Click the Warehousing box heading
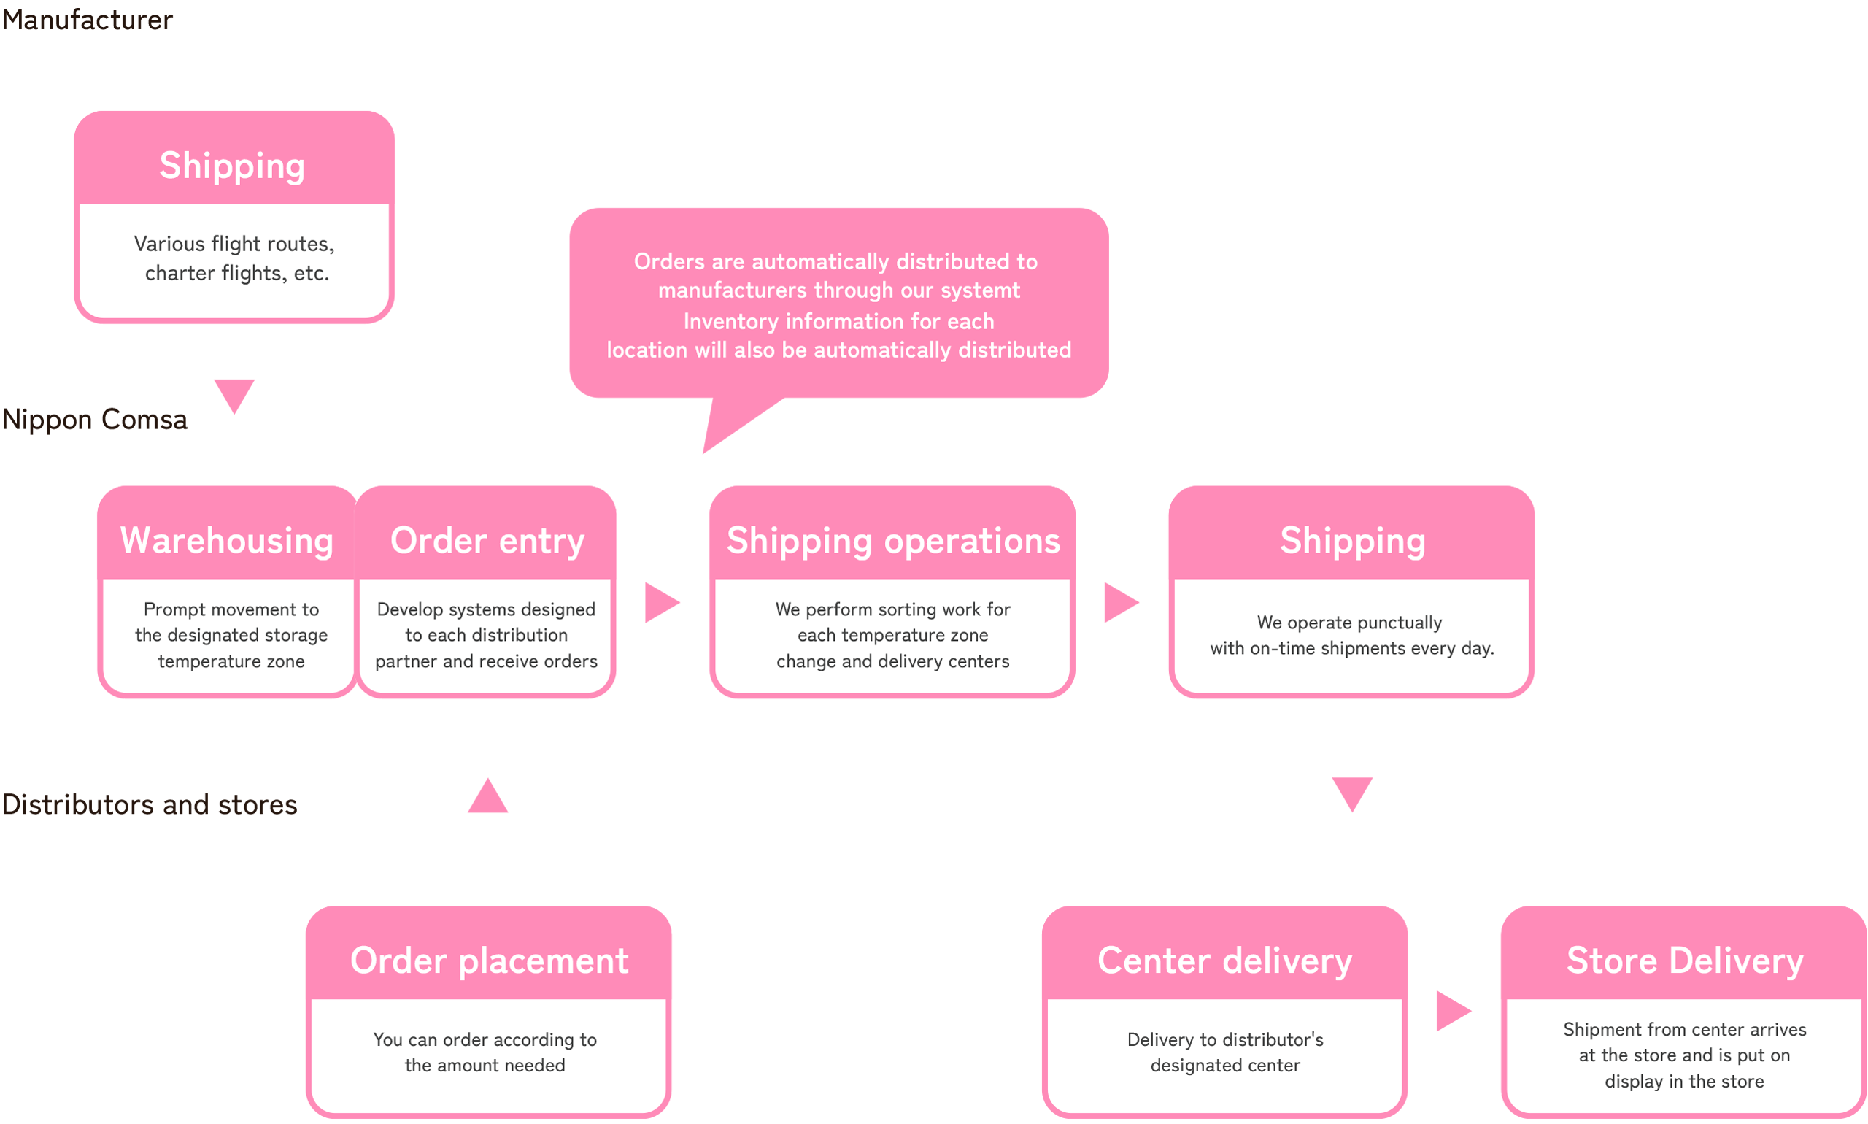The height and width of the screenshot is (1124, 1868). coord(226,541)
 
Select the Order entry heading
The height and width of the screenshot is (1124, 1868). coord(487,541)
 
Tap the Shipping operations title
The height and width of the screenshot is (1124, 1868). coord(892,541)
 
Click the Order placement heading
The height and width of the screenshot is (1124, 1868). coord(488,961)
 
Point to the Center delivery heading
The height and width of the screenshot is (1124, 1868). coord(1224,961)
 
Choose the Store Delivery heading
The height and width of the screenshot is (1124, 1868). coord(1684,961)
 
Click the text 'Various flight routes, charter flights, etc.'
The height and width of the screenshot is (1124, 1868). coord(235,258)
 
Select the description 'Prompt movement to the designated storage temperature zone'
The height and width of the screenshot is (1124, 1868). coord(231,635)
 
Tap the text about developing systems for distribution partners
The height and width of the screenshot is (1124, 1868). coord(486,635)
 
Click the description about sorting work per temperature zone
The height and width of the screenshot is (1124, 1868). coord(892,635)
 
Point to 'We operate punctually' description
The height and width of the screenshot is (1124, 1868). coord(1351,635)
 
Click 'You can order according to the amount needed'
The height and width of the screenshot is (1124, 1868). coord(485,1052)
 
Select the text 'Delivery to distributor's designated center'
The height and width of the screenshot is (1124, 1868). coord(1224,1052)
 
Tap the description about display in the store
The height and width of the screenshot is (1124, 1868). coord(1684,1055)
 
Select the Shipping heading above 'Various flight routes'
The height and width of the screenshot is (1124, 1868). coord(232,165)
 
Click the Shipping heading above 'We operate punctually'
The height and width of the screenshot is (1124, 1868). coord(1352,541)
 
